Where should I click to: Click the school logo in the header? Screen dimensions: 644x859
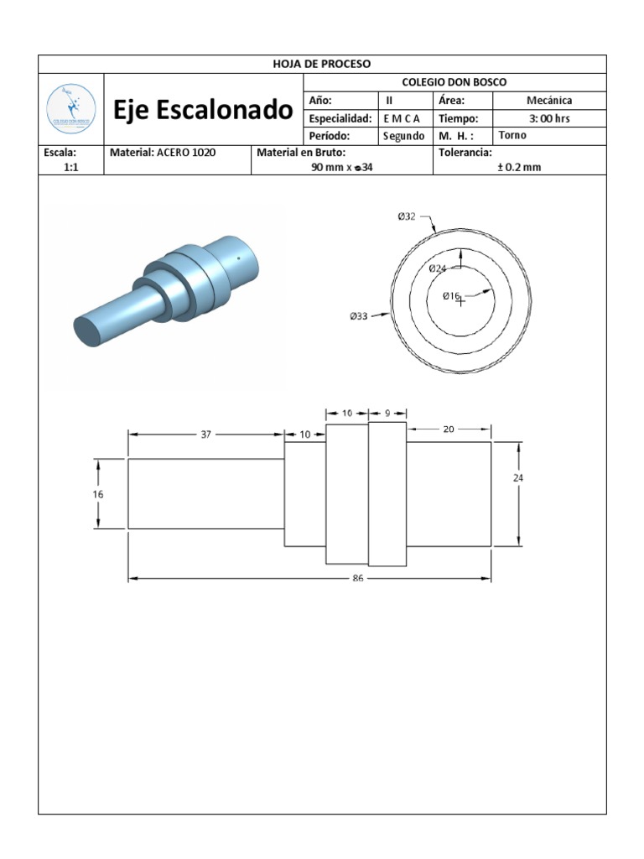71,109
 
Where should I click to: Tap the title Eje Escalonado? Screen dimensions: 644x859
203,110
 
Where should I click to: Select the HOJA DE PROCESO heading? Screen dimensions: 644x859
322,64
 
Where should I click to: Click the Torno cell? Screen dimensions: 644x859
512,135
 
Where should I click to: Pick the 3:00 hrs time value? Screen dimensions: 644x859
549,118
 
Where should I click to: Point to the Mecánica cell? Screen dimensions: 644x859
549,101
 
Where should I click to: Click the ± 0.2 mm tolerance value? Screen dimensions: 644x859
519,167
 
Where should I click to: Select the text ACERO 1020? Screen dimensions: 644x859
186,153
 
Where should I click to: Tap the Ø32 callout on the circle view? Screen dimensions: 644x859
407,216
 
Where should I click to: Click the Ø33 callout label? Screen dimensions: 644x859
359,316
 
